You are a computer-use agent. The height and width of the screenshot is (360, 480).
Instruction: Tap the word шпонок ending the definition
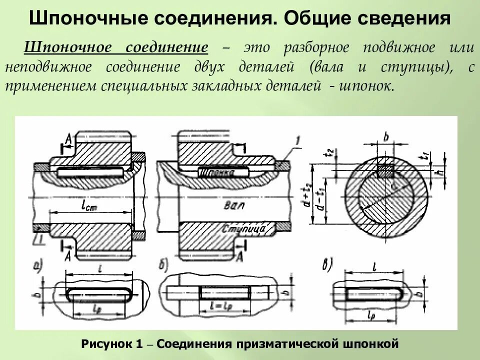click(x=365, y=86)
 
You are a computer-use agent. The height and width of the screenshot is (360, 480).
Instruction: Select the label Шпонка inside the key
click(x=217, y=171)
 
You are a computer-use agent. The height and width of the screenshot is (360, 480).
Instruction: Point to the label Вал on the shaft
click(x=230, y=205)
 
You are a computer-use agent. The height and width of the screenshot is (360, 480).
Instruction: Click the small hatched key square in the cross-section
click(x=385, y=171)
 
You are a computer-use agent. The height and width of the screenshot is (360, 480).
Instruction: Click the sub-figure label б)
click(x=163, y=265)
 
